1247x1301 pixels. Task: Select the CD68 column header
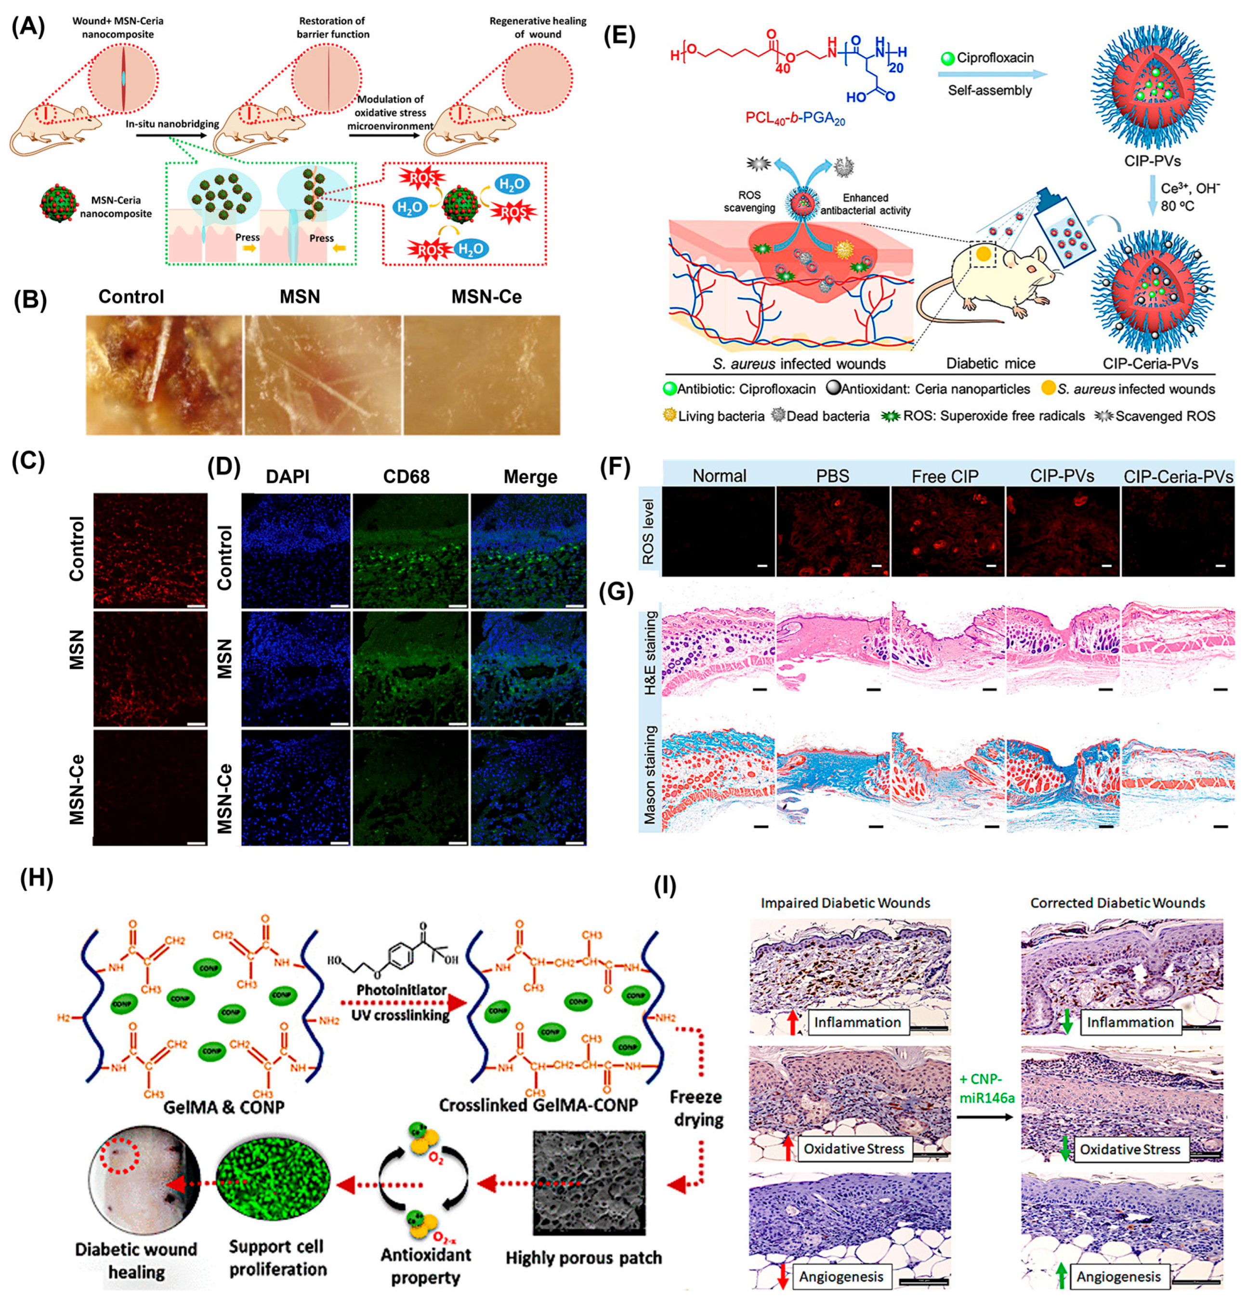[x=406, y=477]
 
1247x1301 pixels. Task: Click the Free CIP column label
[x=945, y=476]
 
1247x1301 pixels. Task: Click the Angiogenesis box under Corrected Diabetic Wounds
[x=1118, y=1276]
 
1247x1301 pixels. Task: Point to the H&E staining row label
[x=650, y=652]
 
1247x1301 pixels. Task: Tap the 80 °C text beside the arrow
[x=1177, y=206]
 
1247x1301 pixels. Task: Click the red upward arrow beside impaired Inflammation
[x=792, y=1022]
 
